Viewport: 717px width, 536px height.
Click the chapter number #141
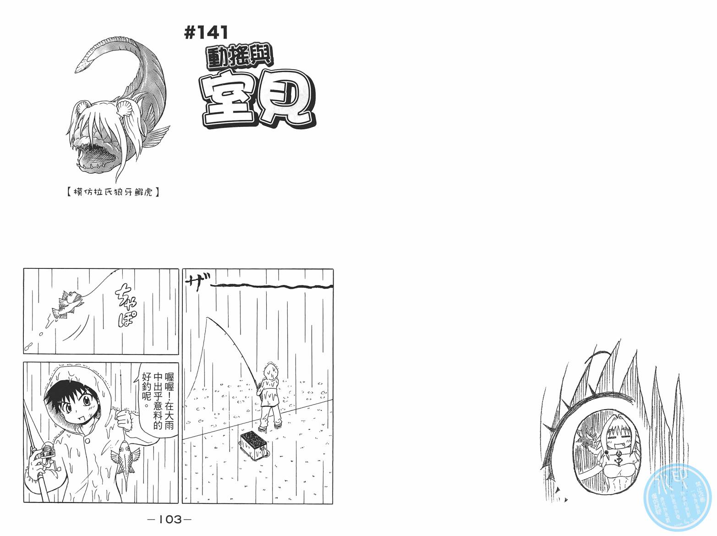coord(206,33)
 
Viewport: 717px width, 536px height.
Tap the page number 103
coord(169,519)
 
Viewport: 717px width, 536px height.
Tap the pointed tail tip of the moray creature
coord(78,70)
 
